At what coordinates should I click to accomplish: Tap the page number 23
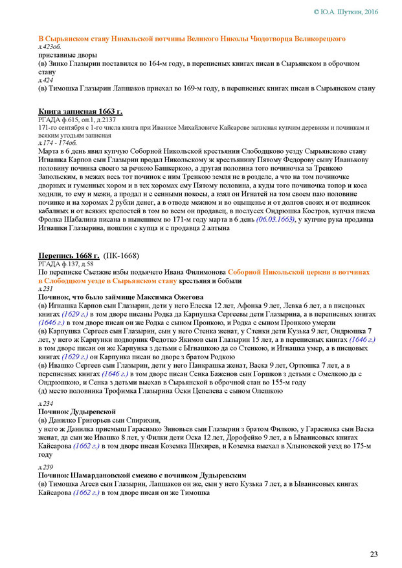coord(374,554)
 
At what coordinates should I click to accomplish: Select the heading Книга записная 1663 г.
coord(80,112)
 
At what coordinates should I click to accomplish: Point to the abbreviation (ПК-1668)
coord(121,255)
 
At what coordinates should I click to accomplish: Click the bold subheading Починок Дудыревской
coord(77,411)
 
